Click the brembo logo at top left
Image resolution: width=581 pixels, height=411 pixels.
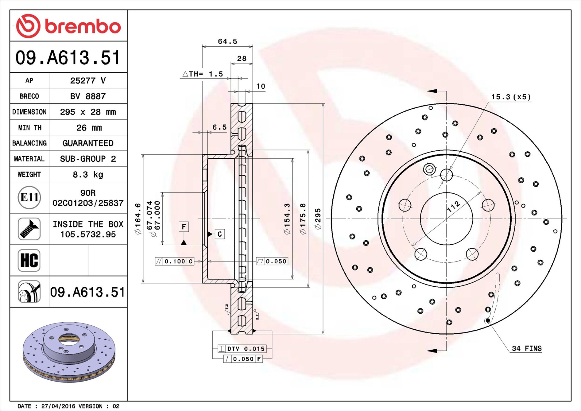[68, 26]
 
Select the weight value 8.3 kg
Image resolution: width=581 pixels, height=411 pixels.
[88, 175]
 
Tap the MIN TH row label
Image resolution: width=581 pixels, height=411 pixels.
[29, 128]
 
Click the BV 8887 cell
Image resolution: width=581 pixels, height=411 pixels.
[88, 96]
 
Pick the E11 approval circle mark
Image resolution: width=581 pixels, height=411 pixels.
[29, 197]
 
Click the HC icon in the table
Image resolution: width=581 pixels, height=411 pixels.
[29, 260]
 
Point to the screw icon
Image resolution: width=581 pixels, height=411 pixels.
[29, 229]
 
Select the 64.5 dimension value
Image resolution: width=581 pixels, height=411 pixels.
[227, 41]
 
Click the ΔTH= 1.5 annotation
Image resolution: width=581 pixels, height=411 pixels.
[203, 74]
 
